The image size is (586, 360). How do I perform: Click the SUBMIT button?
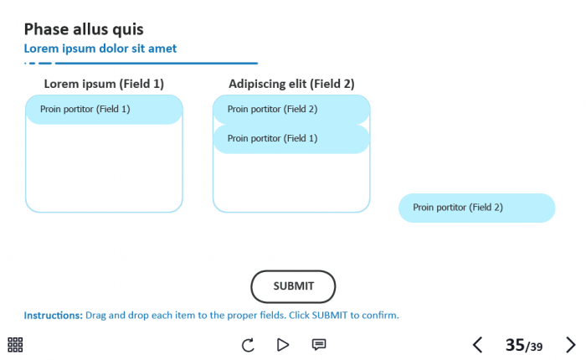click(x=293, y=286)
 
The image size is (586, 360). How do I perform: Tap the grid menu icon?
click(x=15, y=344)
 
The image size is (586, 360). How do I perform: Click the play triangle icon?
click(x=283, y=344)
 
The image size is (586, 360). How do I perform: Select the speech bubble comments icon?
click(x=319, y=344)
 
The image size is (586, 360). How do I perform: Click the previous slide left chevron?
click(x=477, y=344)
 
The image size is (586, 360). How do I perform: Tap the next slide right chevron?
click(x=571, y=344)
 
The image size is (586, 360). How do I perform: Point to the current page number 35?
click(x=514, y=344)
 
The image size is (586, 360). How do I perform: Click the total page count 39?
click(x=535, y=347)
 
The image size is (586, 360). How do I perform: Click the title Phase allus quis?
click(x=84, y=29)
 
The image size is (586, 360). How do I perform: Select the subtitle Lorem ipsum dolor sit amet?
click(x=100, y=49)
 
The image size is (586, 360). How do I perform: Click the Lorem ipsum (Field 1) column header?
click(x=104, y=84)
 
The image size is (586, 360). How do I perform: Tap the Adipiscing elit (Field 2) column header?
click(x=291, y=84)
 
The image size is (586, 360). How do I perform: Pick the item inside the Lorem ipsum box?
click(x=104, y=109)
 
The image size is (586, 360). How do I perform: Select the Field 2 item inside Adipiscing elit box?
click(x=291, y=109)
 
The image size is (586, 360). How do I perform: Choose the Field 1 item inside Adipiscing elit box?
click(x=291, y=139)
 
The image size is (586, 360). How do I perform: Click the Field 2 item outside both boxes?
click(x=476, y=208)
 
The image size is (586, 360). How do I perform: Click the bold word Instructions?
click(x=53, y=316)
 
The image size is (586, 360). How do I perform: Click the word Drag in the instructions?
click(x=96, y=316)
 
